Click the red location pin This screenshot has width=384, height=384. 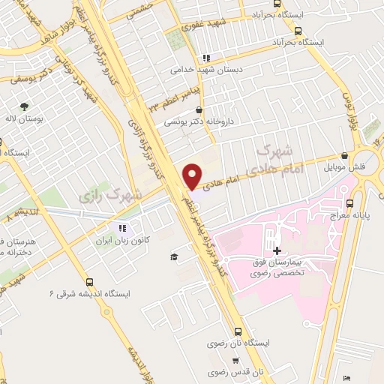tap(191, 175)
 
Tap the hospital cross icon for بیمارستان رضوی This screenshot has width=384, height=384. tap(277, 250)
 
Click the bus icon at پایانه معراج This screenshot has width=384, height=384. tap(349, 202)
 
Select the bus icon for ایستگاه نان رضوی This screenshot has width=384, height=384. tap(237, 331)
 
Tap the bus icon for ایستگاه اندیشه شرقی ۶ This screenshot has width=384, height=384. tap(90, 283)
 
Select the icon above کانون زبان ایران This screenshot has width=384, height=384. tap(121, 229)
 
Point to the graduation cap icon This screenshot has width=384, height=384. tap(174, 256)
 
